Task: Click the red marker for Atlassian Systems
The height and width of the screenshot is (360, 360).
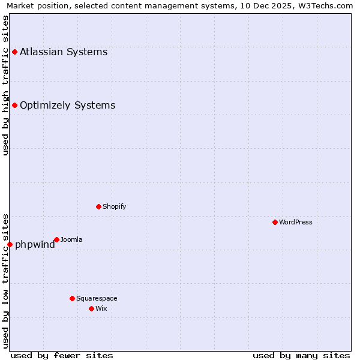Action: pos(14,52)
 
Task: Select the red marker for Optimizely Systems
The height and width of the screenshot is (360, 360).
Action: pos(14,106)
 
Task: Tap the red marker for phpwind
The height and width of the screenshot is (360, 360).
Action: pos(10,244)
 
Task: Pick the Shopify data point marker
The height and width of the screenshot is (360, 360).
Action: pos(98,206)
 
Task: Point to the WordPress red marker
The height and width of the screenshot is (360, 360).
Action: pos(275,222)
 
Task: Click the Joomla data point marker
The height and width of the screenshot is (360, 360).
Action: pos(56,239)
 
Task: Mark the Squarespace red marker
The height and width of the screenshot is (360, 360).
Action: pos(72,298)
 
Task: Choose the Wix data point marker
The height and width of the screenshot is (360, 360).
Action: pos(91,308)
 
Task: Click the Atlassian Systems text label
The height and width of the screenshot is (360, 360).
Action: pos(64,52)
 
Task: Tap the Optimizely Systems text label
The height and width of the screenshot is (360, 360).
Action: pos(67,106)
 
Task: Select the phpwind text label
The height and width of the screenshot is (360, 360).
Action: pos(35,244)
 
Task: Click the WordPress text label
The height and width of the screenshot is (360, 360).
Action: pos(296,222)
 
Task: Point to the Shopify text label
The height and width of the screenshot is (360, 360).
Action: pos(114,206)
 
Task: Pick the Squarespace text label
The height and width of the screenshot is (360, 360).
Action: pos(97,298)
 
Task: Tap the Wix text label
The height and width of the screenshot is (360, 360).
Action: pos(101,308)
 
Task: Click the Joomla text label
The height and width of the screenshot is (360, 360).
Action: pos(71,239)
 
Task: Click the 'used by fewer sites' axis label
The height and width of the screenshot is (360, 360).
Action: pos(62,355)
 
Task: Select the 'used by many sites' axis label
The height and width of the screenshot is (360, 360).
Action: pos(301,355)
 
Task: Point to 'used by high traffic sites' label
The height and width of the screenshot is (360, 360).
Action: pos(5,85)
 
